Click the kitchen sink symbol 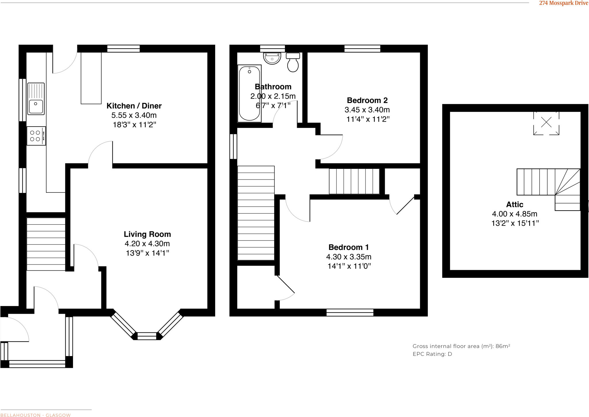(x=36, y=99)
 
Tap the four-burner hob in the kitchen (x=36, y=136)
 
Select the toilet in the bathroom (x=293, y=62)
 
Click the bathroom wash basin (x=272, y=58)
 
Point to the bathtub (x=249, y=93)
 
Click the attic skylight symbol (x=546, y=123)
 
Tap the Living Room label (x=147, y=234)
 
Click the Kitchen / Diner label (x=134, y=106)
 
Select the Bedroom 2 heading (x=367, y=100)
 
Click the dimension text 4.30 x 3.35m (x=349, y=257)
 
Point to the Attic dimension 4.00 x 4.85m (x=515, y=214)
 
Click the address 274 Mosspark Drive (x=563, y=3)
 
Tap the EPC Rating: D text (x=432, y=354)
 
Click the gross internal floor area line (x=461, y=346)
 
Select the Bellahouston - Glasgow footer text (x=35, y=415)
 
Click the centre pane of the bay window (x=147, y=336)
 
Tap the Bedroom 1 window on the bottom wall (x=350, y=312)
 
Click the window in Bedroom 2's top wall (x=362, y=48)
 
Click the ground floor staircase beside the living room (x=46, y=244)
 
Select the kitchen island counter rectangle (x=91, y=78)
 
